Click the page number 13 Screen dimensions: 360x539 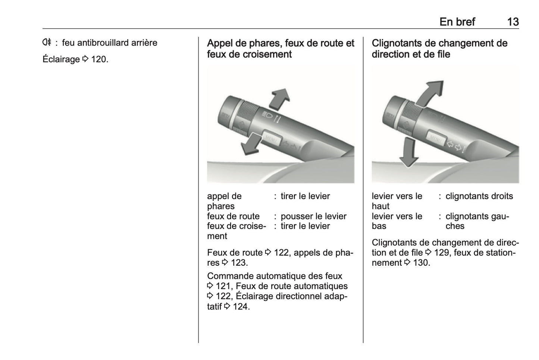pos(513,22)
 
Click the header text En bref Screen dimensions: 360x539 pos(457,22)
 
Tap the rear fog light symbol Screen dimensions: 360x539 pos(46,42)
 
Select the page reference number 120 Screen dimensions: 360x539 pos(99,59)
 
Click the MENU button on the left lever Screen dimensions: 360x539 pos(271,138)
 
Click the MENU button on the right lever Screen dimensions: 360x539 pos(436,138)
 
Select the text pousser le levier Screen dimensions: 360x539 pos(313,216)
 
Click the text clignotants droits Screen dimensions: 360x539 pos(479,196)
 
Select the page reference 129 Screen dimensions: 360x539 pos(442,253)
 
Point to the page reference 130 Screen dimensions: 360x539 pos(421,263)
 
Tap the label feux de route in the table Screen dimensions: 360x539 pos(233,216)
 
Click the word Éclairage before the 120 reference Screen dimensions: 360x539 pos(61,59)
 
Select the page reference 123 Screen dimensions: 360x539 pos(238,263)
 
